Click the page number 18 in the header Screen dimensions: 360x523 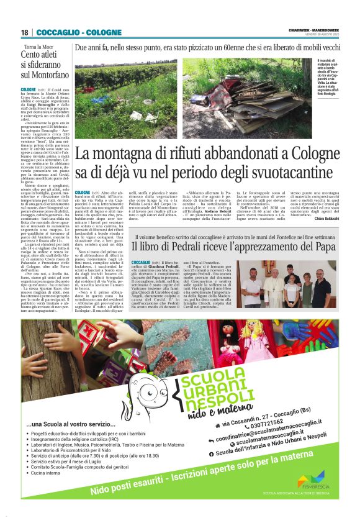[24, 32]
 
